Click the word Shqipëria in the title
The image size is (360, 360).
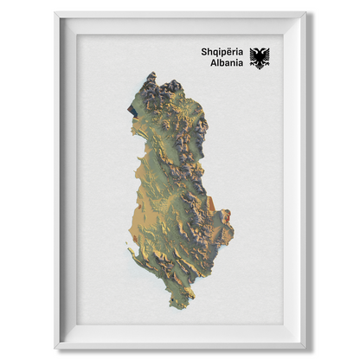222,52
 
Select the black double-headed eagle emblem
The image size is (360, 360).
259,58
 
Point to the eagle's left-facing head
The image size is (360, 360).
255,51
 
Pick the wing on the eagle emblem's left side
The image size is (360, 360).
253,58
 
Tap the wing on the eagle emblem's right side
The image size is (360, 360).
265,58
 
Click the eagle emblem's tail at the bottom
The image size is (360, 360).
259,67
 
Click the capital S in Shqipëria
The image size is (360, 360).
203,52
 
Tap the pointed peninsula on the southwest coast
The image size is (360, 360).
132,252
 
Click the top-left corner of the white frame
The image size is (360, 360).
55,13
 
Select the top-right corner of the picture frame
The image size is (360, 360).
305,13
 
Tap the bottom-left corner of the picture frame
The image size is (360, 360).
55,347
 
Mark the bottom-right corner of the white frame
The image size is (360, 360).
305,347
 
